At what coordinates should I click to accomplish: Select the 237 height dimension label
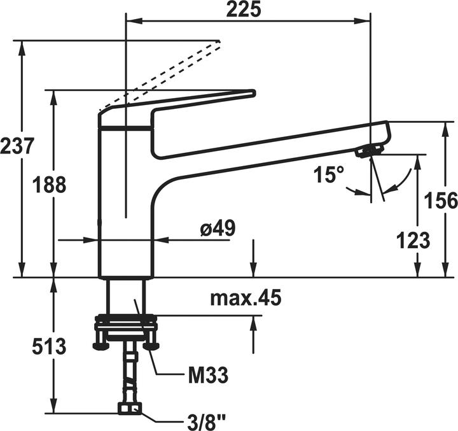point(17,146)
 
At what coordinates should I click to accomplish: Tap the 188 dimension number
point(49,185)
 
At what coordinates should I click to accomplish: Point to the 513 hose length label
point(49,347)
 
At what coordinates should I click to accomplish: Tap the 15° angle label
point(328,174)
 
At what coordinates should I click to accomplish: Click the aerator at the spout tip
point(368,151)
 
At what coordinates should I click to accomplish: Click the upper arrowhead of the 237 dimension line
point(22,48)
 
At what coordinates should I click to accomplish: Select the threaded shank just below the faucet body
point(126,296)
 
